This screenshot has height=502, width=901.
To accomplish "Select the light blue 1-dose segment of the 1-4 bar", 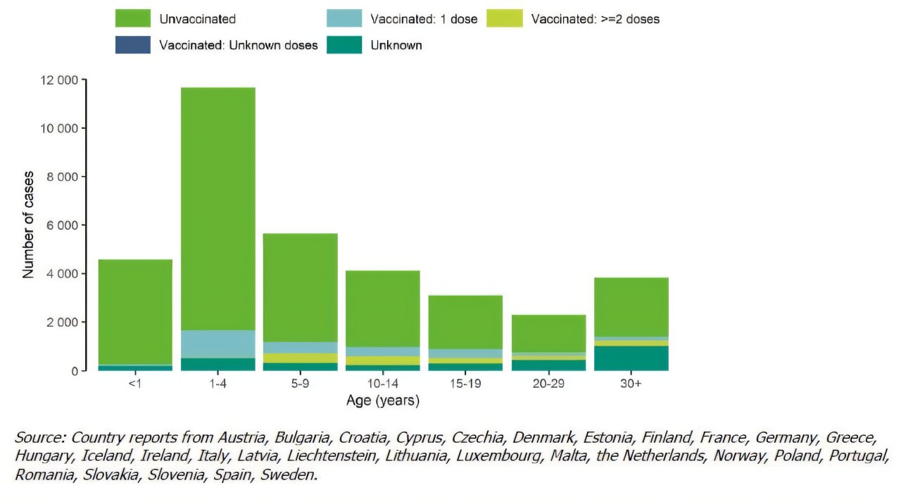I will [218, 344].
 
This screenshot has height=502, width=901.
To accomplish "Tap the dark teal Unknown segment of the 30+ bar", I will [631, 358].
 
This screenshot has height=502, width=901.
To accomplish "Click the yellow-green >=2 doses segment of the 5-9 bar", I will [301, 358].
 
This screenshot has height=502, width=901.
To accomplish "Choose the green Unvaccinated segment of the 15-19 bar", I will [466, 322].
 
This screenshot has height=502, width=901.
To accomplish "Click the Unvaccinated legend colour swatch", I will [133, 19].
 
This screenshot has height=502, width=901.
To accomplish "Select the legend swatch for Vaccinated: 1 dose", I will [344, 19].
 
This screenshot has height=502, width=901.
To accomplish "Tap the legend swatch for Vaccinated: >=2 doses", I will [505, 19].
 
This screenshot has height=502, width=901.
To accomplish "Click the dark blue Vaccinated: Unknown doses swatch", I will [133, 45].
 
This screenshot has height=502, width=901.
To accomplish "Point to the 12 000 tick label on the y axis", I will [58, 80].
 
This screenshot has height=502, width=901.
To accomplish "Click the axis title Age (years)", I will [383, 401].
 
